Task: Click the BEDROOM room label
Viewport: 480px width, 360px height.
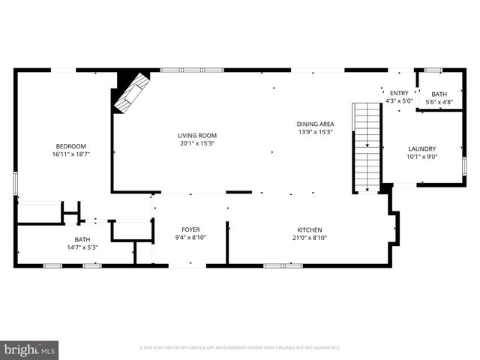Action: point(70,145)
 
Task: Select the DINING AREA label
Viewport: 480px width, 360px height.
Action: point(315,124)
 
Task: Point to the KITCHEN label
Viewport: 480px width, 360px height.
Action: point(310,229)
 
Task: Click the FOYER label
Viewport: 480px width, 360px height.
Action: point(190,229)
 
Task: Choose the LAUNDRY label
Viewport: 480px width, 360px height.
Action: point(421,148)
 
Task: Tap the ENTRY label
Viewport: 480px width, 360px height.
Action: point(398,93)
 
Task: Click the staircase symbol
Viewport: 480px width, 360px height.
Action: point(367,147)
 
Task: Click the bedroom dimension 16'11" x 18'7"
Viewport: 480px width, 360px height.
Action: point(70,154)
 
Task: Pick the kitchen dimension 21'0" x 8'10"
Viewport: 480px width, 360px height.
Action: point(310,238)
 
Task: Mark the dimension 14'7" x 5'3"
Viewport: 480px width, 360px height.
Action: point(82,247)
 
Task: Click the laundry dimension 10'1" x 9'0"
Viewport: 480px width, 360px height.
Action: point(421,157)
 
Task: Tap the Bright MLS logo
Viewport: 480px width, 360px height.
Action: point(30,349)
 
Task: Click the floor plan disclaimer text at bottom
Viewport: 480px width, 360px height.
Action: point(240,348)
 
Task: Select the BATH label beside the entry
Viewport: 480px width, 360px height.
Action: point(439,94)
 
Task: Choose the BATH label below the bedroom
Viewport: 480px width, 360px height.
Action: point(82,238)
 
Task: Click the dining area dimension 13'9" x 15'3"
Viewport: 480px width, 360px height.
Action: point(315,132)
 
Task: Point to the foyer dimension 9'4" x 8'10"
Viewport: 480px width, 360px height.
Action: point(190,238)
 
